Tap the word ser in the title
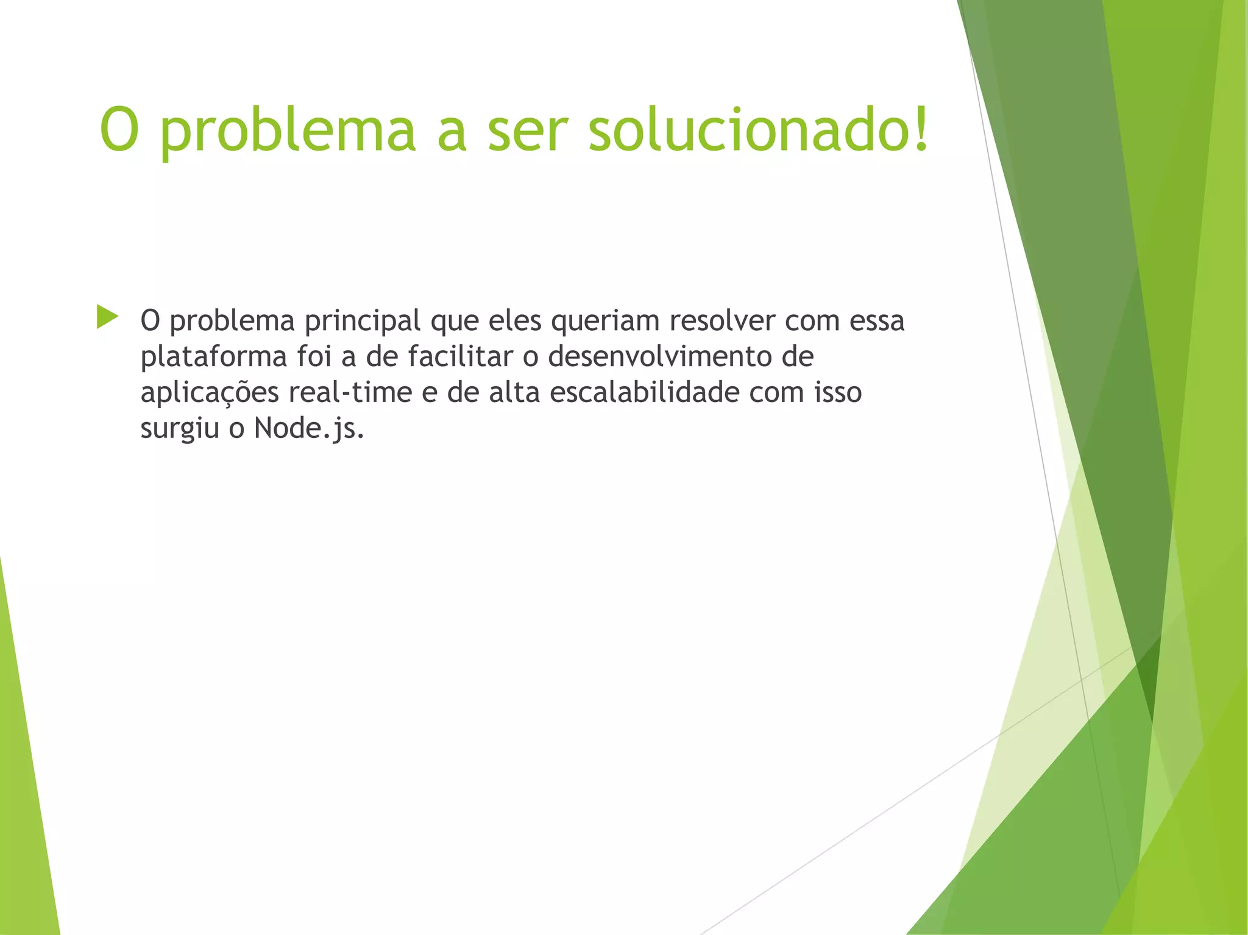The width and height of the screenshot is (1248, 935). coord(528,130)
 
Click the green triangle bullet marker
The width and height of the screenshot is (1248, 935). coord(107,317)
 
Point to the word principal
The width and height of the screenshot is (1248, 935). coord(363,322)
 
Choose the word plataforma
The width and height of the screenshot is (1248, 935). coord(214,357)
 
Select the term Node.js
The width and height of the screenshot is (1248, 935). coord(309,428)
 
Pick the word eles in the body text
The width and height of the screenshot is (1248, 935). coord(515,320)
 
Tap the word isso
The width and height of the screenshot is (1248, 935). coord(838,392)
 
